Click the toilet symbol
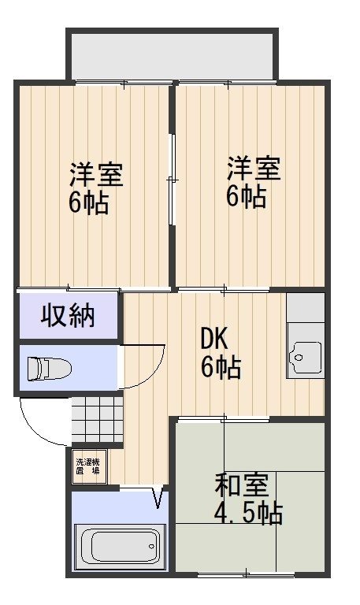[x=50, y=368]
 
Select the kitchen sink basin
[x=306, y=357]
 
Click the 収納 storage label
[x=68, y=316]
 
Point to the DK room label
[x=214, y=340]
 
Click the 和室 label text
[x=242, y=484]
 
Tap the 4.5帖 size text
[x=248, y=512]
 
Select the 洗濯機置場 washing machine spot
[x=88, y=467]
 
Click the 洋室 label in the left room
[x=96, y=174]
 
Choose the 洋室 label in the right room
[x=254, y=169]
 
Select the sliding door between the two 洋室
[x=172, y=179]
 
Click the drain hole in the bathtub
[x=151, y=547]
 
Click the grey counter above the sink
[x=306, y=307]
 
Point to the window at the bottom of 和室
[x=247, y=575]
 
